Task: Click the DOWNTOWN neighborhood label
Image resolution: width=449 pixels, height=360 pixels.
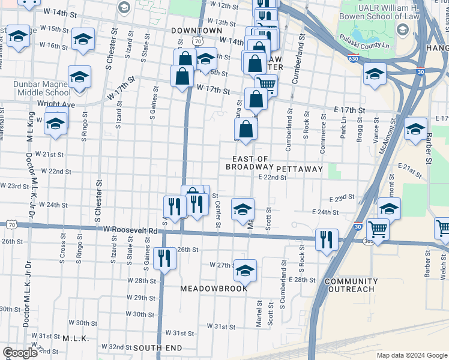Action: click(x=196, y=30)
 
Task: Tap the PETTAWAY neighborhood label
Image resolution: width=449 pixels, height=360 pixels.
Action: click(x=300, y=169)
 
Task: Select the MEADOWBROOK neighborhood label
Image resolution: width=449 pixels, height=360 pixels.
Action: click(x=214, y=289)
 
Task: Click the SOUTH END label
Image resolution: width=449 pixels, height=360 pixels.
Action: click(x=157, y=348)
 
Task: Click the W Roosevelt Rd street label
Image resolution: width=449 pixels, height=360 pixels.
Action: click(x=130, y=230)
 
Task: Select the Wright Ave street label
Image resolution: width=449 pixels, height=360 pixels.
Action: click(x=55, y=104)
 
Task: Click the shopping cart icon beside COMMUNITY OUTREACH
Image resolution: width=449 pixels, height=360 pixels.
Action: click(x=377, y=229)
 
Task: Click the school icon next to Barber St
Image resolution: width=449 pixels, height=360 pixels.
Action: click(x=415, y=128)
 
